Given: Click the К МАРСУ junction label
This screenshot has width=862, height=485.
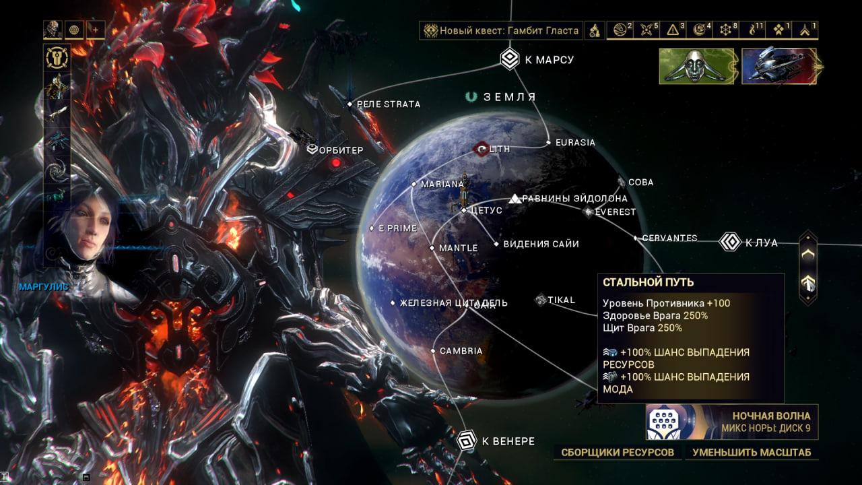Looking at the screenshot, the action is [x=549, y=60].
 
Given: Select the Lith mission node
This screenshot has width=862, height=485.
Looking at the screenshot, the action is [x=499, y=149].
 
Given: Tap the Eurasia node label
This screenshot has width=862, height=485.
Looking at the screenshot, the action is [x=575, y=143].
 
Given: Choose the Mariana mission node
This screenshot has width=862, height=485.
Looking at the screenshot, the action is [x=442, y=184].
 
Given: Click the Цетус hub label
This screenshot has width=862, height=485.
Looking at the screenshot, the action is [x=487, y=210].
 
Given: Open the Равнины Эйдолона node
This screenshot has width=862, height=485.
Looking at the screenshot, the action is [x=574, y=199].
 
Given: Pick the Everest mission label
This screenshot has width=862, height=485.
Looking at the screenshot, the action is [x=616, y=212].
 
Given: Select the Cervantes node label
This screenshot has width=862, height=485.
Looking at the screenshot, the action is [x=669, y=238].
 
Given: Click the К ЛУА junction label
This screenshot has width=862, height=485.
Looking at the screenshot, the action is [x=761, y=243].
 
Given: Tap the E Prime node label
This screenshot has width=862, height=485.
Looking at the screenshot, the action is [x=397, y=228].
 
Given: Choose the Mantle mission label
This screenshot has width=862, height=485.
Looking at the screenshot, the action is [x=458, y=249].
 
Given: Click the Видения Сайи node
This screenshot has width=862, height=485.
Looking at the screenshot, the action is [x=541, y=244].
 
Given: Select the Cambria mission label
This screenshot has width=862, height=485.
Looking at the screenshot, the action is [x=461, y=351].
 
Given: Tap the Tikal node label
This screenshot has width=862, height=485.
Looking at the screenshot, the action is [x=562, y=300].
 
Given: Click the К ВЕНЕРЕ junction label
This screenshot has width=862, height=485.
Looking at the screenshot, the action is [x=508, y=442].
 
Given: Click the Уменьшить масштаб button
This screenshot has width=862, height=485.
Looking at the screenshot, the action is [x=752, y=452].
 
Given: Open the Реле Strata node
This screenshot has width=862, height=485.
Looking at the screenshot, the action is [x=388, y=104].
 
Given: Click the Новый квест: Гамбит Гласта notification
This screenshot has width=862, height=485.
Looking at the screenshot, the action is [x=508, y=30].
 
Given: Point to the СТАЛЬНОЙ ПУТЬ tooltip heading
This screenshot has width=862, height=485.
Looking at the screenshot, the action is [x=649, y=282].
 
